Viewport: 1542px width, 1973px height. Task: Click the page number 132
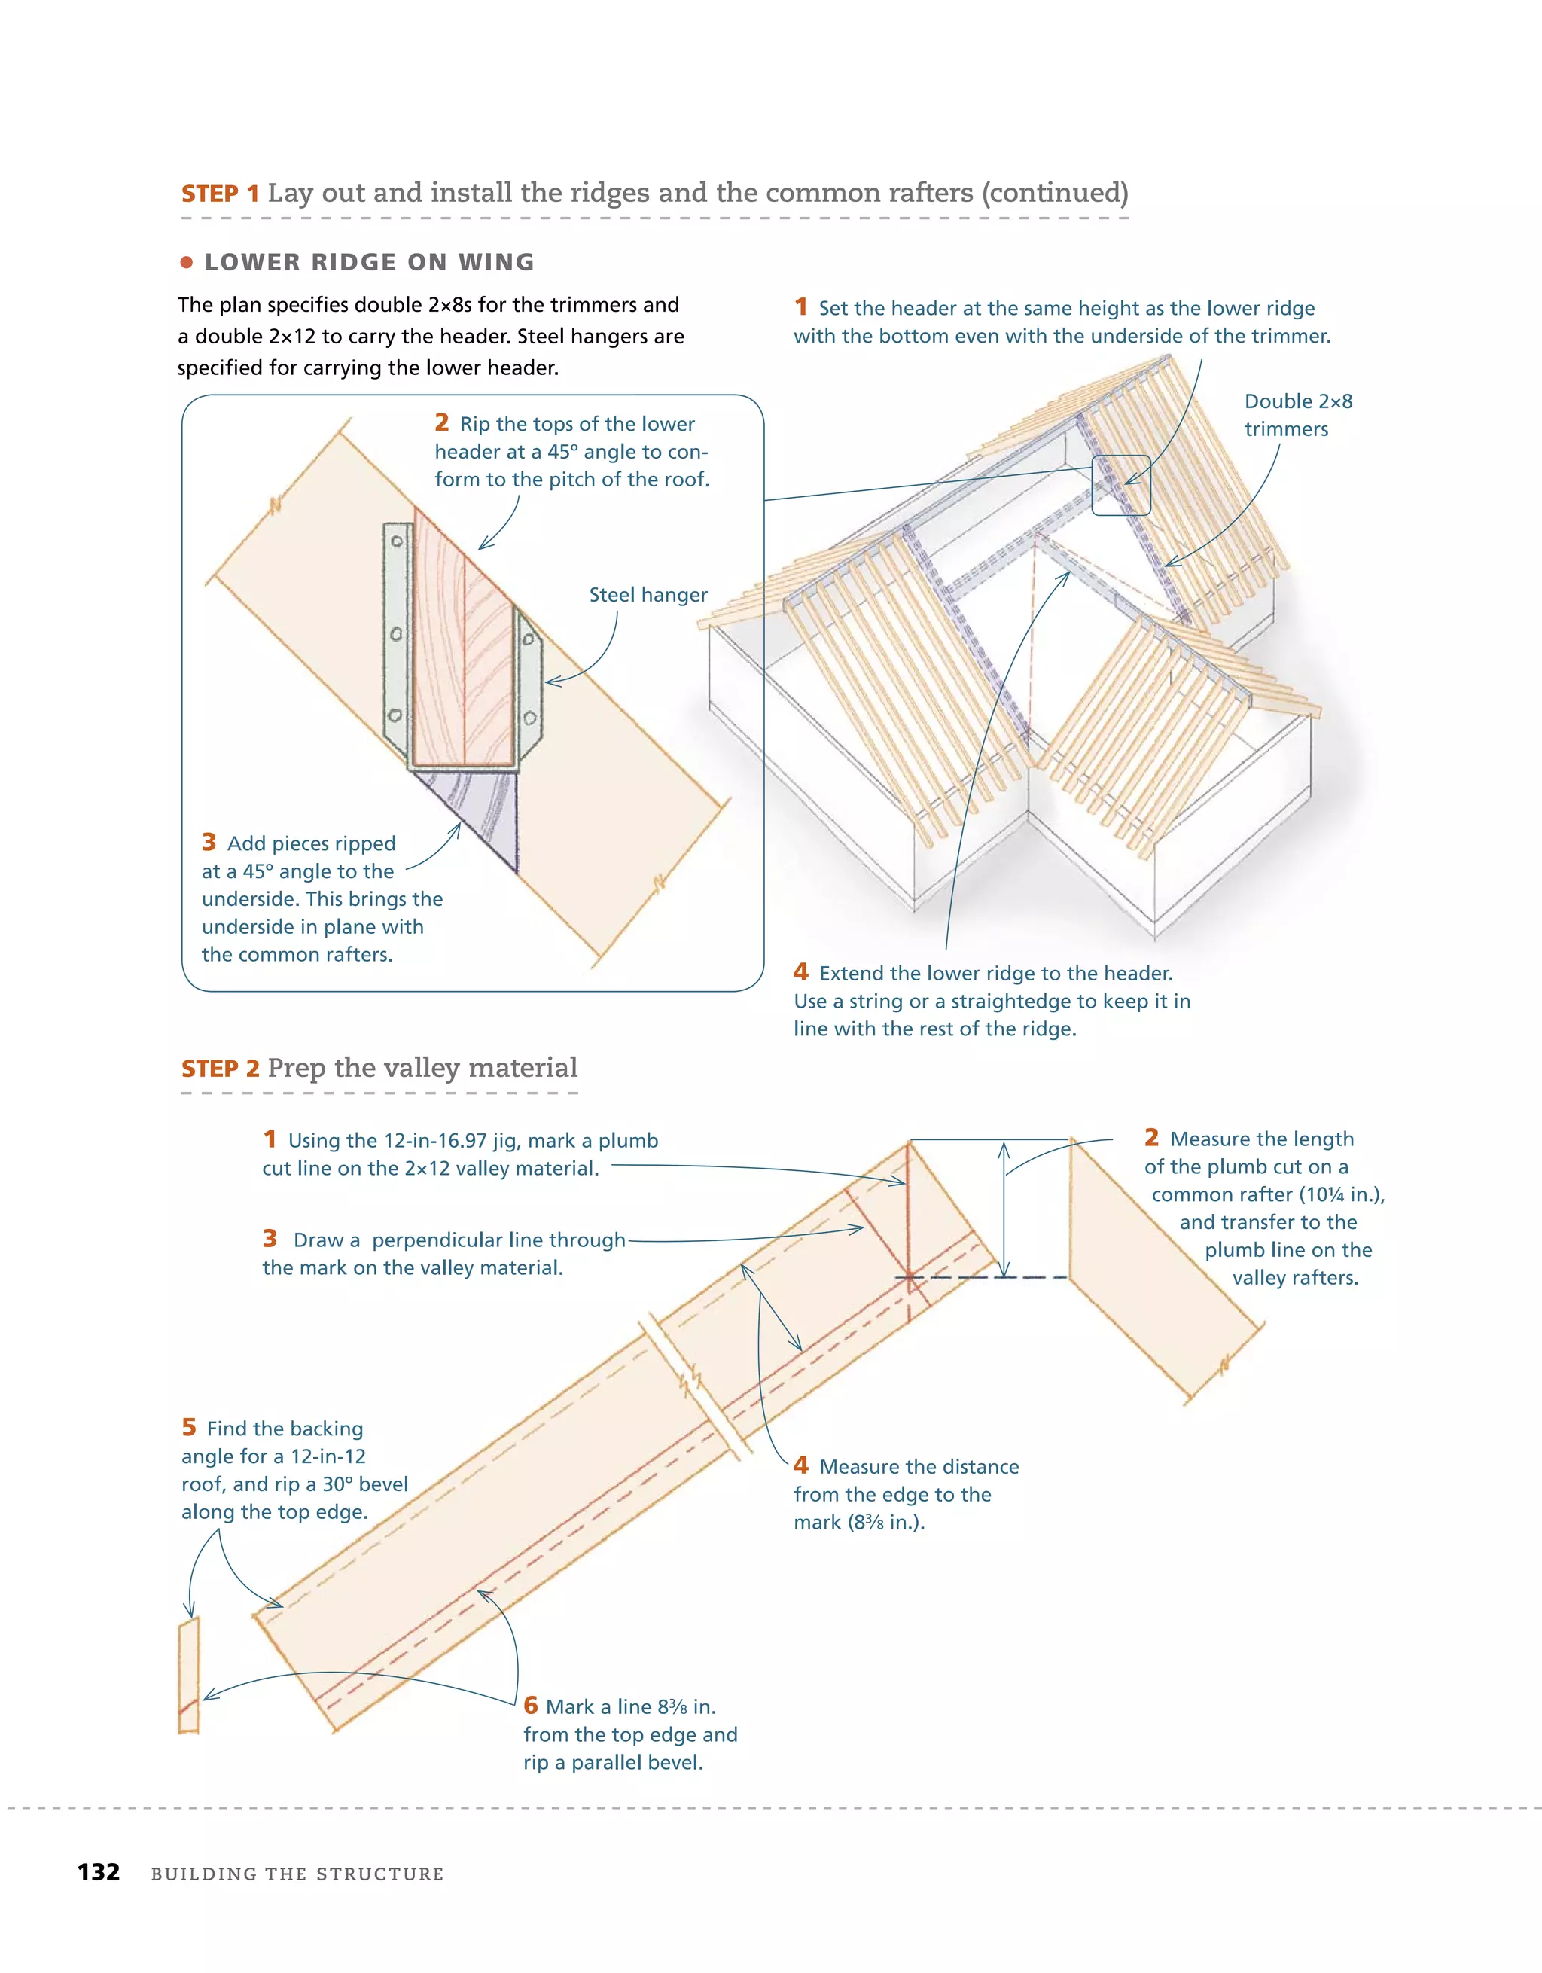point(99,1872)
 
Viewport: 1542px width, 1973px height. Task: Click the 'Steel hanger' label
point(648,594)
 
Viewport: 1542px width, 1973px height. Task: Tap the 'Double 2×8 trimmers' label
point(1297,415)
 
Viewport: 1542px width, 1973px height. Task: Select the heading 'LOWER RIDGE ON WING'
point(370,262)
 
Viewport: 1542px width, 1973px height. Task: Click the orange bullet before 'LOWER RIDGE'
point(187,263)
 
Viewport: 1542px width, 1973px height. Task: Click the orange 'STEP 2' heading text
point(221,1069)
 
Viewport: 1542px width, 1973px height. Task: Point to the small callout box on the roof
point(1120,485)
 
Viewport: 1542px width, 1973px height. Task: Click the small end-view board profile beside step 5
point(188,1674)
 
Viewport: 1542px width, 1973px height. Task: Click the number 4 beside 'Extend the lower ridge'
point(800,972)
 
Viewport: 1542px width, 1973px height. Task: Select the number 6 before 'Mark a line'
point(530,1706)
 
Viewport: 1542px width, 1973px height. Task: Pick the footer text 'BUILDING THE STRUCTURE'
point(297,1874)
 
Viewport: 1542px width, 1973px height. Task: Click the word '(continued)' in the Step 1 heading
point(1054,193)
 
